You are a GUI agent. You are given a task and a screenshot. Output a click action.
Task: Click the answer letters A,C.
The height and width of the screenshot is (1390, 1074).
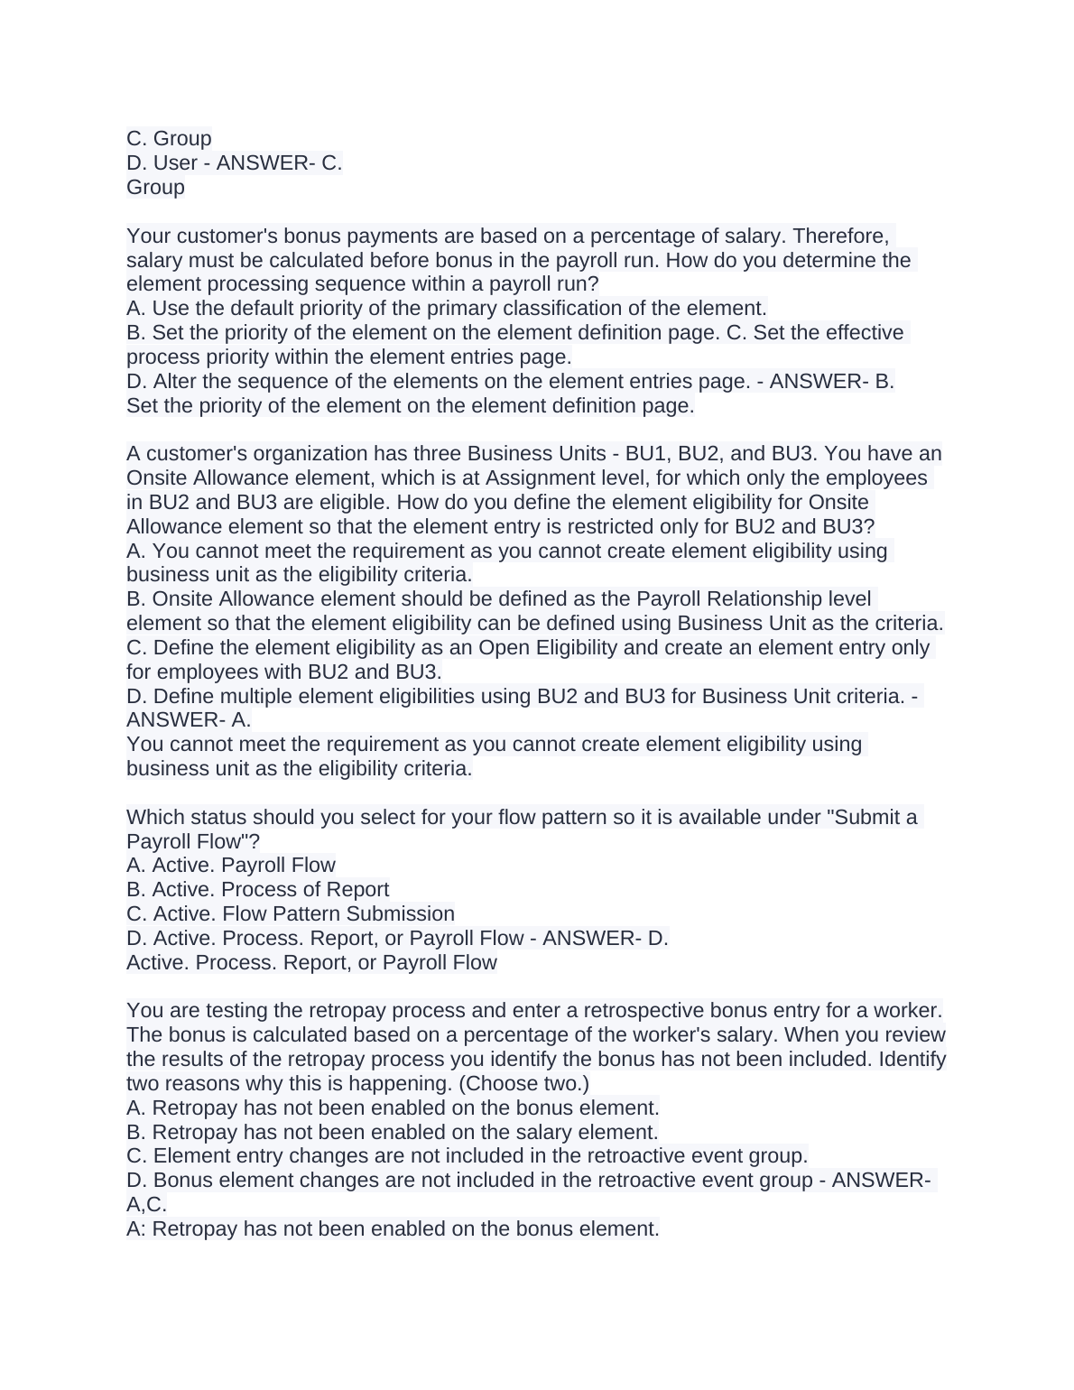point(146,1205)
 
